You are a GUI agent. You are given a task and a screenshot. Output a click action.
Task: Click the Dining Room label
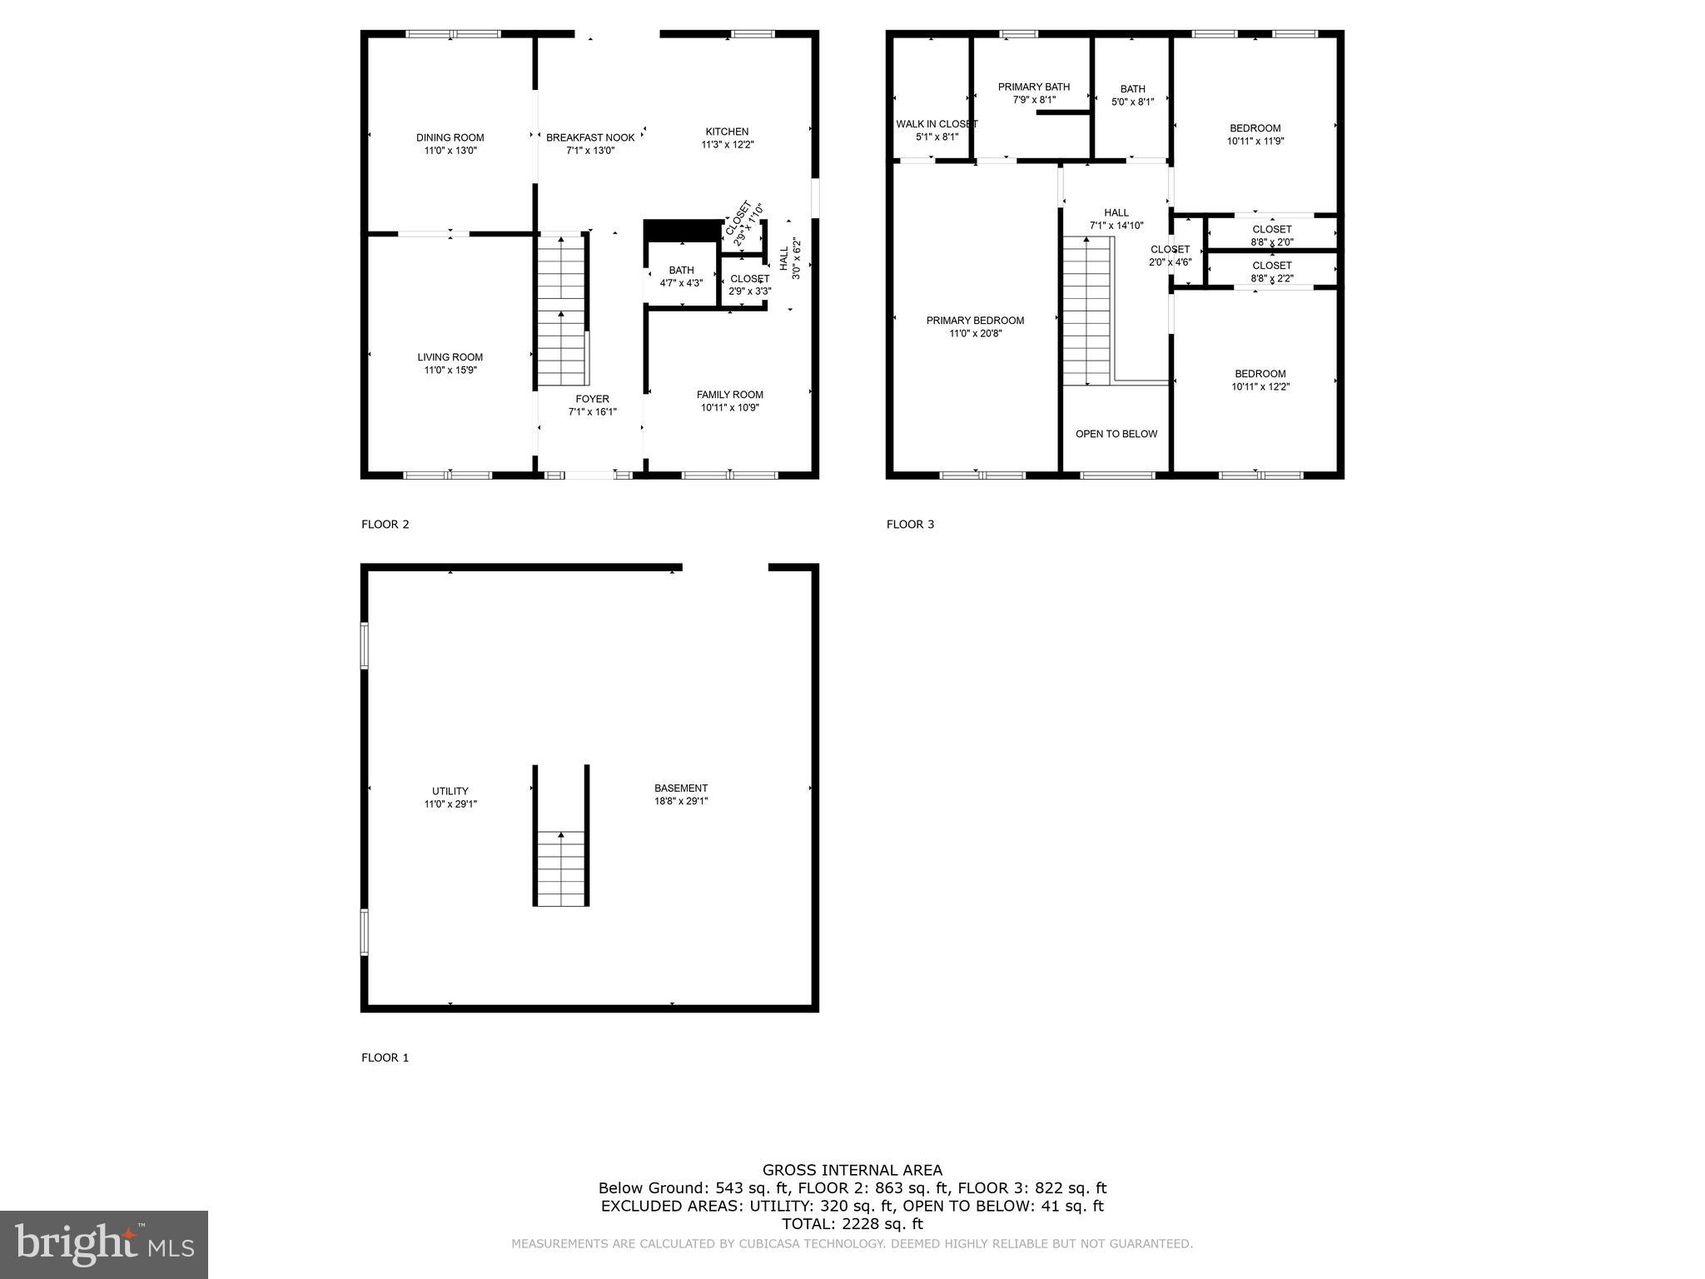pyautogui.click(x=450, y=137)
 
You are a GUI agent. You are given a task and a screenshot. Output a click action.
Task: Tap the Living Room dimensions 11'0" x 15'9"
pyautogui.click(x=450, y=371)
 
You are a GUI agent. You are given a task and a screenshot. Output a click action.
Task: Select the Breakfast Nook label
pyautogui.click(x=590, y=137)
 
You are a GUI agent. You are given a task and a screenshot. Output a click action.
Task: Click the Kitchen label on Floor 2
pyautogui.click(x=727, y=132)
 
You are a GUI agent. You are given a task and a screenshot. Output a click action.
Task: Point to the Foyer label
pyautogui.click(x=592, y=399)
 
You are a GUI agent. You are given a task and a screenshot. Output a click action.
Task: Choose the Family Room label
pyautogui.click(x=729, y=395)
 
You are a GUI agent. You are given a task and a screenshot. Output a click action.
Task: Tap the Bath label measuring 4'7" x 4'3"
pyautogui.click(x=681, y=270)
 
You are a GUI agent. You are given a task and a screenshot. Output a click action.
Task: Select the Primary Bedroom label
pyautogui.click(x=975, y=321)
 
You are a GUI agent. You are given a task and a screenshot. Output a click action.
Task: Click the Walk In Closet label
pyautogui.click(x=937, y=124)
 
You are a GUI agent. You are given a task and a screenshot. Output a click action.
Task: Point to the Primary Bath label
pyautogui.click(x=1033, y=87)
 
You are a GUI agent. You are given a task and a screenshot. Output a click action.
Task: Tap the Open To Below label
pyautogui.click(x=1116, y=434)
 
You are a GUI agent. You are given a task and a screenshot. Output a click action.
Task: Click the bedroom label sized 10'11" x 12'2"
pyautogui.click(x=1260, y=374)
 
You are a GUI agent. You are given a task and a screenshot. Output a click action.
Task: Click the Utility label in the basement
pyautogui.click(x=450, y=791)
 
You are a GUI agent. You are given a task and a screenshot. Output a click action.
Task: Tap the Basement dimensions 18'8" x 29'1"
pyautogui.click(x=681, y=801)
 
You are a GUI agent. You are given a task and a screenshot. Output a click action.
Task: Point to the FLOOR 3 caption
pyautogui.click(x=910, y=524)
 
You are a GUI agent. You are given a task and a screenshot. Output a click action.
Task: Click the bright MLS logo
pyautogui.click(x=104, y=1243)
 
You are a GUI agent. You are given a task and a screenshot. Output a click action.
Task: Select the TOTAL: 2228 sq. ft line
pyautogui.click(x=852, y=1223)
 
